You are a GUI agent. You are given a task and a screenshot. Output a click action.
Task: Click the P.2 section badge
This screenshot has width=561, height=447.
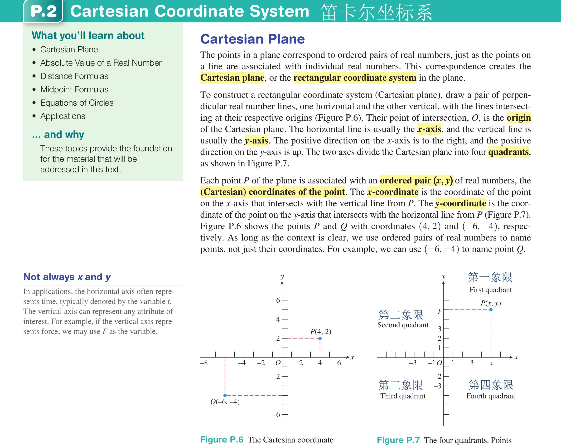point(44,11)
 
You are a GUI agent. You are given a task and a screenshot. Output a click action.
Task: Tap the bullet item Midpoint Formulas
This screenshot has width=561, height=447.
point(74,89)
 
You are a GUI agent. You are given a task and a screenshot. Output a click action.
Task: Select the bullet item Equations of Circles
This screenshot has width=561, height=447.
point(77,103)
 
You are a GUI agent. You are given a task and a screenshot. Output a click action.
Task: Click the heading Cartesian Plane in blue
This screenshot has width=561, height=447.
point(252,39)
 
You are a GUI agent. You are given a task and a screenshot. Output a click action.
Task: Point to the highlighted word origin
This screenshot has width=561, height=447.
point(519,118)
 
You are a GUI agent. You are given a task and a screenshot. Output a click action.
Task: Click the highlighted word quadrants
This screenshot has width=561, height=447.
point(508,152)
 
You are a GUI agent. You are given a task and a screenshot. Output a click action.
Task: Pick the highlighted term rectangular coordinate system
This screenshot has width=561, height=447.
point(355,78)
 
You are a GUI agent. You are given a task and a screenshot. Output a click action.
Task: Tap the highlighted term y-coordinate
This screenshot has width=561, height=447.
point(460,203)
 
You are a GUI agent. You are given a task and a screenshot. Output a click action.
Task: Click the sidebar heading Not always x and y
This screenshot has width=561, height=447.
point(67,277)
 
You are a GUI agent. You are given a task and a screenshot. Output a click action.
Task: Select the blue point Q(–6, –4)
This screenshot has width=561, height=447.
point(225,395)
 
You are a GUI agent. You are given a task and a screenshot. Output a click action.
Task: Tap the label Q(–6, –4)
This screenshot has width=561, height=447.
point(225,402)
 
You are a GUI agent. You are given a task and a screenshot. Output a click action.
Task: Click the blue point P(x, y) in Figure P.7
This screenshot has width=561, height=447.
point(491,310)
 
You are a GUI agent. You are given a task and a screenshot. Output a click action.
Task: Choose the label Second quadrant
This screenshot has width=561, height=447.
point(403,325)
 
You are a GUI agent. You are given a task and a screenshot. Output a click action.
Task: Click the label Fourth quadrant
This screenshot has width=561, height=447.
point(490,396)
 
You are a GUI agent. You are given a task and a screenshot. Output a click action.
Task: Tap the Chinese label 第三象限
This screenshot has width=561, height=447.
point(401,385)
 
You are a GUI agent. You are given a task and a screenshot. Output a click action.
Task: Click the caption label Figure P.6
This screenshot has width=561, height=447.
point(222,439)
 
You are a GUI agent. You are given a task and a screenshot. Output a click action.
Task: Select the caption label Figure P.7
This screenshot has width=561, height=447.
point(398,440)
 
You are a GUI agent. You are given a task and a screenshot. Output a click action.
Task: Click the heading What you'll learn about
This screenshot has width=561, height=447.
point(88,36)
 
